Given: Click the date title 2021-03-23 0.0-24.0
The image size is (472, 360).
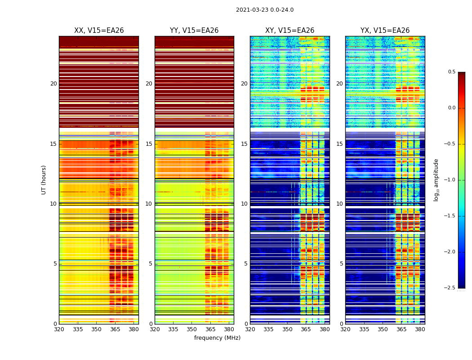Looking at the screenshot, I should (x=265, y=10).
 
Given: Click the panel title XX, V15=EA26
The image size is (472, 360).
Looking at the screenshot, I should (x=99, y=31).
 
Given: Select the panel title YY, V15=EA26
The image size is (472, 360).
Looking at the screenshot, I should (x=194, y=31).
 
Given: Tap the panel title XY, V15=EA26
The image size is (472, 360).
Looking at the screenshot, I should (x=290, y=31).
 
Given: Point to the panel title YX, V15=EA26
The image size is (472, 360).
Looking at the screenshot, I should (x=385, y=31).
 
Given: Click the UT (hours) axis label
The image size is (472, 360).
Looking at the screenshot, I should (x=44, y=180).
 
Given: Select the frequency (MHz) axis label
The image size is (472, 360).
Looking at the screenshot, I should (x=217, y=338).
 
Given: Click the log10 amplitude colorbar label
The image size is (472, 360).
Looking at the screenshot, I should (x=436, y=180).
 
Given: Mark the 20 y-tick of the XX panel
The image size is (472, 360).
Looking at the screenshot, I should (x=53, y=84).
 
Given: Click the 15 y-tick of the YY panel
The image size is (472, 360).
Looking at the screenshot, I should (x=149, y=144).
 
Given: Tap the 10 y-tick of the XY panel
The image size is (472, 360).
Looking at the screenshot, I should (x=245, y=204).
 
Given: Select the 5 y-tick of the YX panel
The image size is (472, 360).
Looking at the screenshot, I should (x=341, y=264).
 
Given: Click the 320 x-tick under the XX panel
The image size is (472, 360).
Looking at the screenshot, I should (x=59, y=329).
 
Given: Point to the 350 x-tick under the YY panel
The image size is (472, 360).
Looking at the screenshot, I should (x=192, y=329).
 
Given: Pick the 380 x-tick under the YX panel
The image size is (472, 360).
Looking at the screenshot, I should (x=420, y=329).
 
